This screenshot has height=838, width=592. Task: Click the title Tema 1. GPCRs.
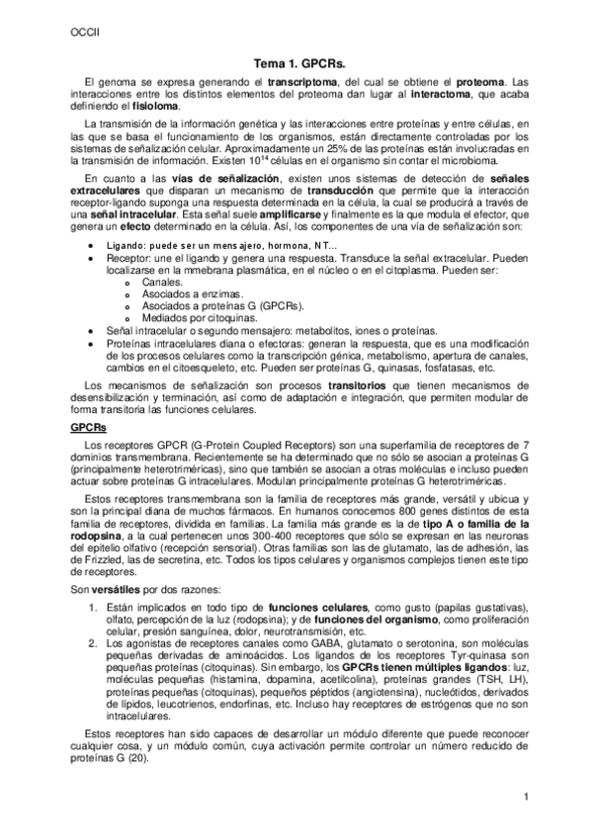click(x=296, y=60)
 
